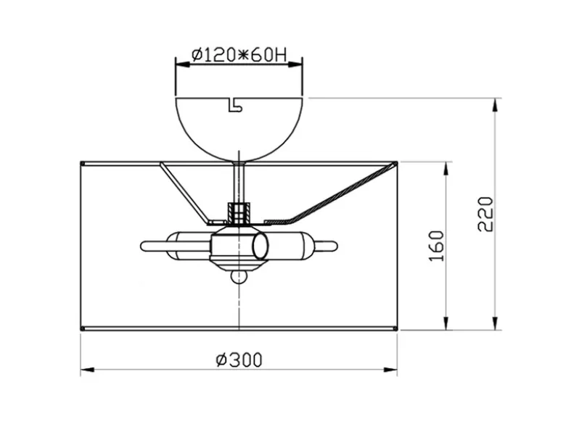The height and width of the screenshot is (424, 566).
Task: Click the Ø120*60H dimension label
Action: tap(239, 56)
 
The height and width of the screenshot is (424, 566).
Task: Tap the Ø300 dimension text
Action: tap(239, 359)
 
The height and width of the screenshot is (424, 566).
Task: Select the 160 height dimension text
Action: tap(436, 246)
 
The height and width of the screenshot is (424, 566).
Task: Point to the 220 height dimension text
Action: tap(485, 214)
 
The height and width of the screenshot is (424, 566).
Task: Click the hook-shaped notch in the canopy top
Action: tap(234, 104)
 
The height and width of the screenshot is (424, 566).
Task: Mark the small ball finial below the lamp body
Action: tap(239, 277)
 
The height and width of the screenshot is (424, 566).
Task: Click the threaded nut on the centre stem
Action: tap(239, 212)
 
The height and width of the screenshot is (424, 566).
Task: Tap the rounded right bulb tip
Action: tap(334, 246)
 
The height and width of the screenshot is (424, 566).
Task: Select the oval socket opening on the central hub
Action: tap(261, 246)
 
